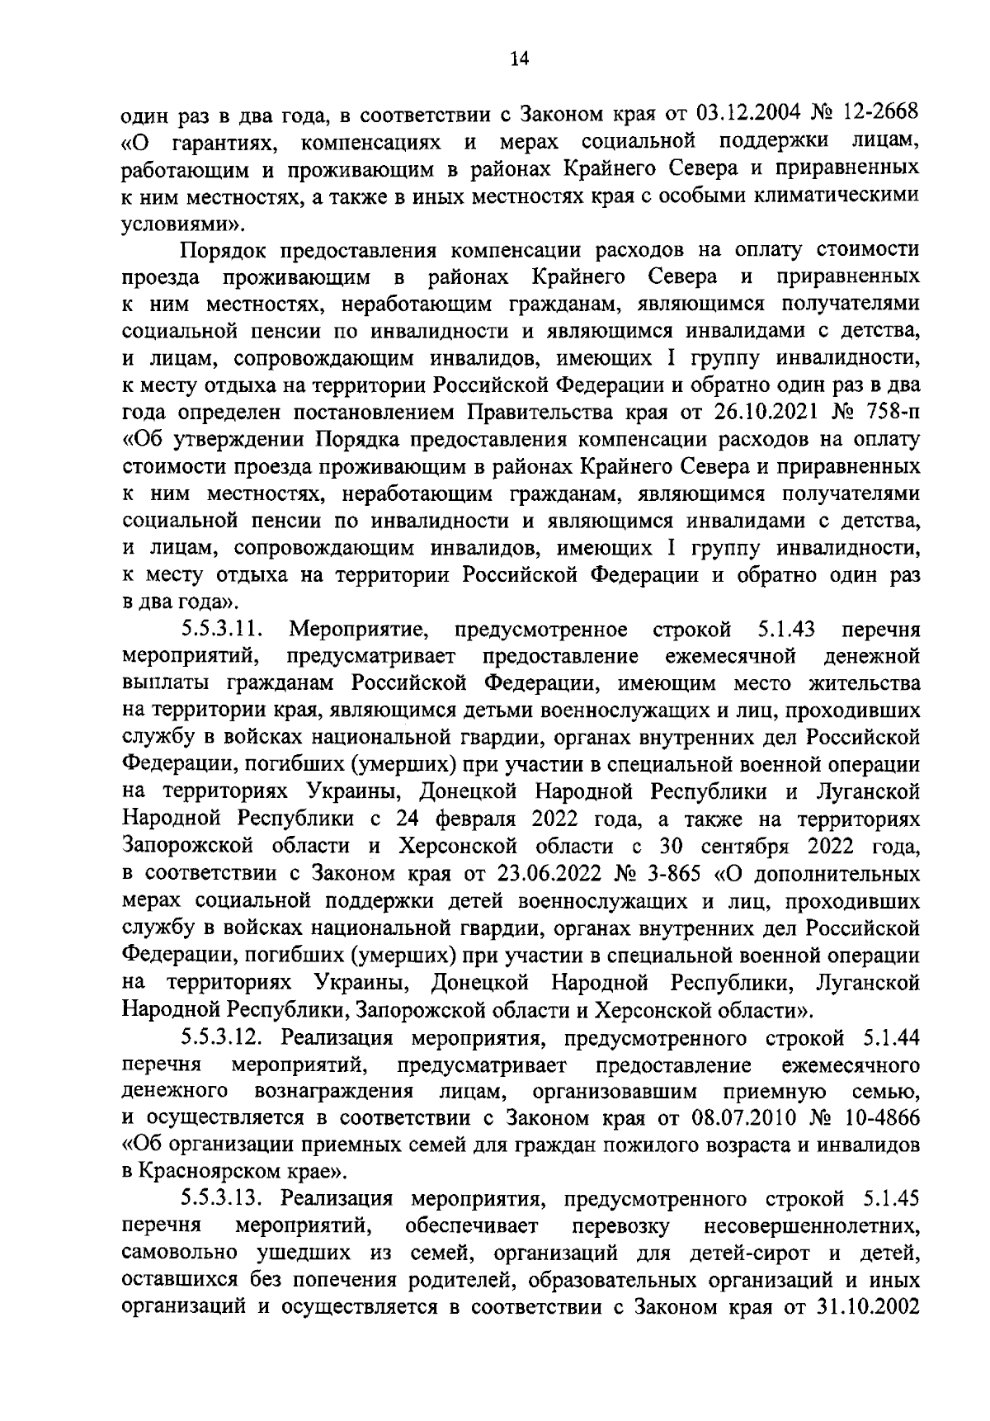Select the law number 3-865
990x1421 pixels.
coord(682,874)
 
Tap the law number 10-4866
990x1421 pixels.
coord(879,1118)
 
